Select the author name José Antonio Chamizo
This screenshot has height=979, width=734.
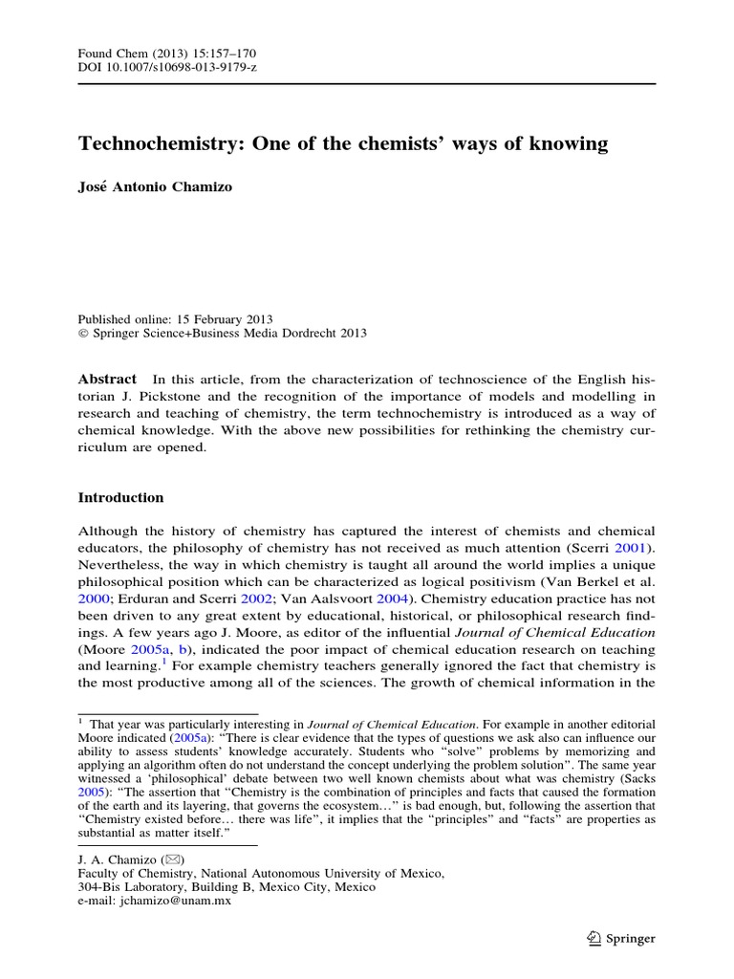pos(155,187)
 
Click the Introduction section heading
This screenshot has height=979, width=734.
pos(120,498)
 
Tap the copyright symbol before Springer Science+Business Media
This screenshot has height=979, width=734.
pos(82,334)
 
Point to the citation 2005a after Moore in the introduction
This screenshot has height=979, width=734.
pos(142,651)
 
